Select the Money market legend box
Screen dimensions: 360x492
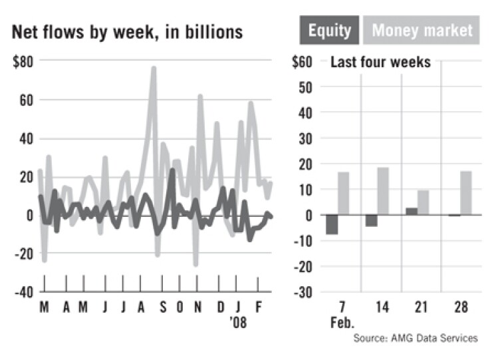[422, 30]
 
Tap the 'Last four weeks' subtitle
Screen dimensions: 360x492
[380, 63]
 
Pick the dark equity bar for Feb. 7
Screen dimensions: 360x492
[332, 225]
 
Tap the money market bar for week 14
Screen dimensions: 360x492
[384, 191]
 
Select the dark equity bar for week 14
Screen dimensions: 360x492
[372, 221]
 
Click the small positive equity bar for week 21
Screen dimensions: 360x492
[412, 212]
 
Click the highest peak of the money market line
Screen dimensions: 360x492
[154, 67]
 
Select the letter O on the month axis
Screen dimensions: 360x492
[180, 309]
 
